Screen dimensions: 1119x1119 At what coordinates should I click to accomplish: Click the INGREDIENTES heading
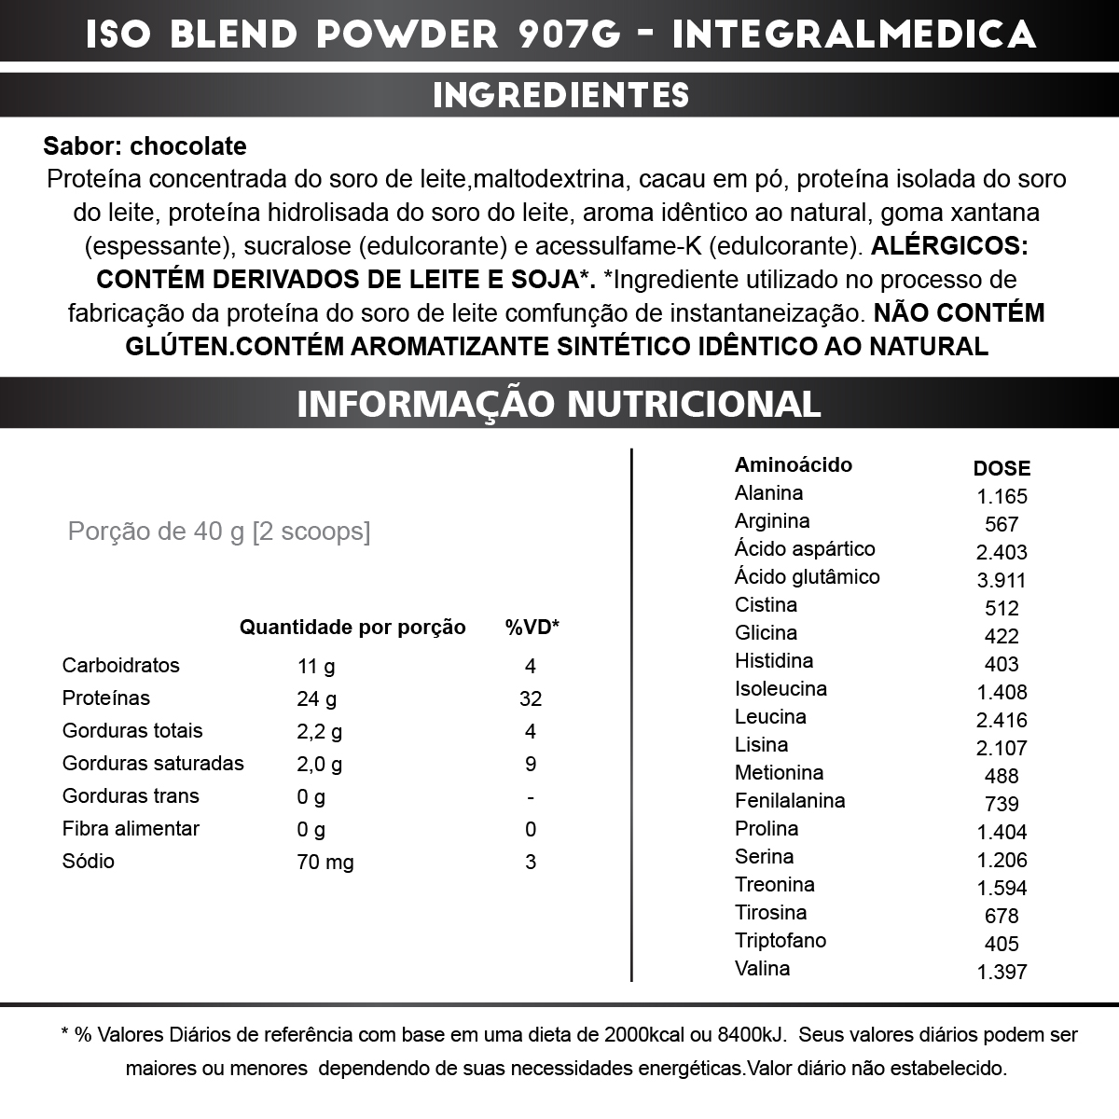coord(560,95)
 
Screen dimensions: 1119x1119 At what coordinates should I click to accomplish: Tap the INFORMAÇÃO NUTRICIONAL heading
coord(559,404)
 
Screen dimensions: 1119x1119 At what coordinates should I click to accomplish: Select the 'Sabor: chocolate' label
coord(145,146)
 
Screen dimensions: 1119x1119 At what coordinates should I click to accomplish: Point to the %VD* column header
coord(532,628)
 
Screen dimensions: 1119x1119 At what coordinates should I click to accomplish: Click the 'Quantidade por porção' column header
coord(352,628)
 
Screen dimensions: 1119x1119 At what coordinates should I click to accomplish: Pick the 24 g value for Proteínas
coord(317,698)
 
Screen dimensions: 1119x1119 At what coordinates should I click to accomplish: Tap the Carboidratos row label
coord(120,666)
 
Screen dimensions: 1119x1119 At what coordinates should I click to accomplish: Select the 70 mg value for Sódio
coord(325,862)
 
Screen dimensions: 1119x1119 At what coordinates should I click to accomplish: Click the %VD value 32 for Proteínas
coord(531,698)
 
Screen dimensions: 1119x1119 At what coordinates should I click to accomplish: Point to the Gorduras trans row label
coord(131,796)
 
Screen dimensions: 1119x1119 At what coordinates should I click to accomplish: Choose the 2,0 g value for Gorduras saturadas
coord(320,764)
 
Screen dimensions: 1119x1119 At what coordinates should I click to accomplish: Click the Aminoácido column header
coord(793,464)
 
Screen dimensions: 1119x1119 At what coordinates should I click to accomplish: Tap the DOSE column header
coord(1002,468)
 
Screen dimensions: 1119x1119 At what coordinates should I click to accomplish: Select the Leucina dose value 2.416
coord(1002,720)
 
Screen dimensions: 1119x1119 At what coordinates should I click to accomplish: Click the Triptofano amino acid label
coord(780,940)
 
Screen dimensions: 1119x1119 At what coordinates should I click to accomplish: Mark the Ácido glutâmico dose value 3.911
coord(1002,580)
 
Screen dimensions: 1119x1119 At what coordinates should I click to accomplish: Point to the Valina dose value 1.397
coord(1002,972)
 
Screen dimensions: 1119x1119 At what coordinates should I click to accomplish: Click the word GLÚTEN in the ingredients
coord(175,347)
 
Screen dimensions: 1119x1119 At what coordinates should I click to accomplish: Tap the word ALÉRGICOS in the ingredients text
coord(948,246)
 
